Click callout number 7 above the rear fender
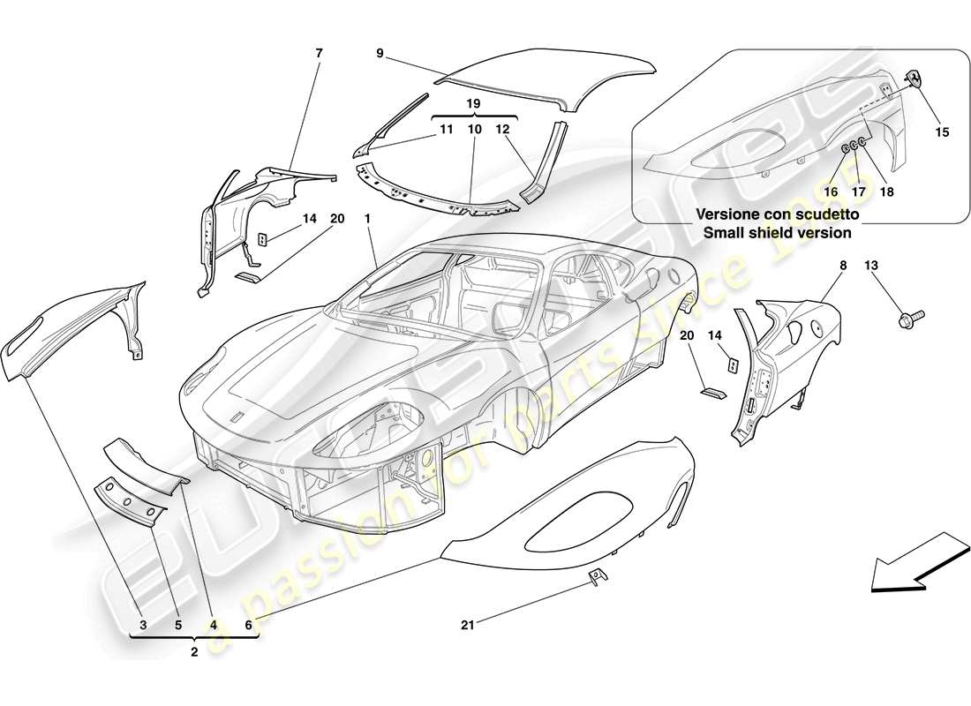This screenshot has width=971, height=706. (x=319, y=53)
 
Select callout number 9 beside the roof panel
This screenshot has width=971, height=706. (x=379, y=53)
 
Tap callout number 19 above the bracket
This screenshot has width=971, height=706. (x=473, y=104)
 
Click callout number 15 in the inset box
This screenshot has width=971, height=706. (x=942, y=132)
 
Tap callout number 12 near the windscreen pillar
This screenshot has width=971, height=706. (x=503, y=130)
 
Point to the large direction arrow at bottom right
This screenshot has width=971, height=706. (x=916, y=561)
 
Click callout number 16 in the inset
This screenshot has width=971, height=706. (x=831, y=191)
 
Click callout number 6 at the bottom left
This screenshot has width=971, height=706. (x=249, y=626)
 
